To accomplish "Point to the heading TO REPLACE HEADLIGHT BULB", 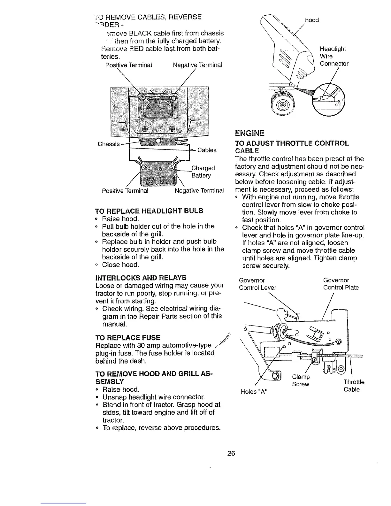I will coord(149,211).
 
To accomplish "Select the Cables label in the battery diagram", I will coord(207,150).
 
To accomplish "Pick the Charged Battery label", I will coord(203,172).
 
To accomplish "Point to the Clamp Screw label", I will coord(301,380).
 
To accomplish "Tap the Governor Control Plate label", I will coord(341,284).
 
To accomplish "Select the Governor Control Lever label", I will coord(257,284).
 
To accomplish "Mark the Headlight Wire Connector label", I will coord(334,56).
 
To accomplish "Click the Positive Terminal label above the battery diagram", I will coord(128,65).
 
